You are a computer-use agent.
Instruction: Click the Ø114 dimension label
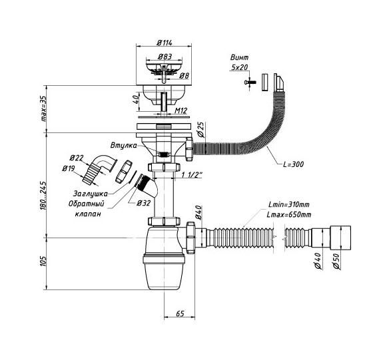165,43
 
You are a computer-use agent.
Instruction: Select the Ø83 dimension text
165,57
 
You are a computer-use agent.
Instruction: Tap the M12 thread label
181,110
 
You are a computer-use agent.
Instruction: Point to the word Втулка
124,146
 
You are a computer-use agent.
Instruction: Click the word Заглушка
91,194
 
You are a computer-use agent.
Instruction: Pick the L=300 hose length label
294,164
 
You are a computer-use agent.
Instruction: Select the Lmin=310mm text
289,205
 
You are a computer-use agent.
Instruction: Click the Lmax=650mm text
289,214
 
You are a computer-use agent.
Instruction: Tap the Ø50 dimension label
336,262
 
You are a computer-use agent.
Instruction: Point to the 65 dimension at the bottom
180,313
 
